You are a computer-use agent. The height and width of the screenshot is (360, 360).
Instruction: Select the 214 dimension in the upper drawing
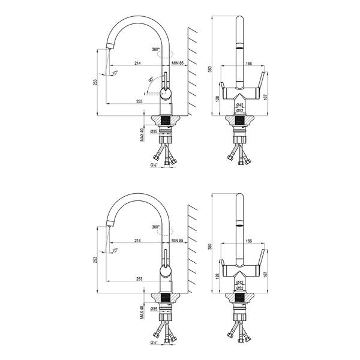(137, 62)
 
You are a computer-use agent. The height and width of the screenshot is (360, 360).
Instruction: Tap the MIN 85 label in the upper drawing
(176, 62)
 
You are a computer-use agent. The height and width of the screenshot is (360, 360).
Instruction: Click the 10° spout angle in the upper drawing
(115, 73)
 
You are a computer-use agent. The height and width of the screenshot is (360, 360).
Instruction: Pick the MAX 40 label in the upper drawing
(142, 134)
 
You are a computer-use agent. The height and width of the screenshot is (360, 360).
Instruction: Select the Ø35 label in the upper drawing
(154, 131)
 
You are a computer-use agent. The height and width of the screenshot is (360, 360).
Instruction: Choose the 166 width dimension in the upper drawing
(248, 62)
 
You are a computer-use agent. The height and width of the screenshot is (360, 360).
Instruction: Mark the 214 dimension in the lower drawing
(137, 240)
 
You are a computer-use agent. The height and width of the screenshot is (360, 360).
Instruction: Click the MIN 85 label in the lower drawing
(176, 240)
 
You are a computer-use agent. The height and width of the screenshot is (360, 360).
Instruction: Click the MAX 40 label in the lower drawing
(142, 311)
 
